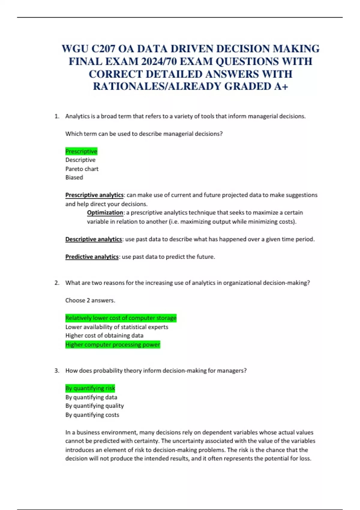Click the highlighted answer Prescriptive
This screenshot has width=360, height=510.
click(81, 151)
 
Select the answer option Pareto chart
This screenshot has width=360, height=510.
click(82, 169)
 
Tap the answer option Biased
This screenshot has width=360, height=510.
click(74, 178)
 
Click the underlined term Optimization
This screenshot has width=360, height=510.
click(105, 213)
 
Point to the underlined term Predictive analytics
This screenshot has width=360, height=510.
click(92, 257)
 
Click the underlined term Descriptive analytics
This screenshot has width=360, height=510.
click(94, 239)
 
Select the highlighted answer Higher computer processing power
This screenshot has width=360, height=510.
click(113, 345)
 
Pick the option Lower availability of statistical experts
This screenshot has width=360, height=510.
click(117, 327)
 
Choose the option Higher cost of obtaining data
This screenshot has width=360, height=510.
click(104, 336)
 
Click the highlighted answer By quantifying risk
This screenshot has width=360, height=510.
click(90, 388)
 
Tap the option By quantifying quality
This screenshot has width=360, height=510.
click(94, 406)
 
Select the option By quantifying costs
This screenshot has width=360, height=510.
click(92, 415)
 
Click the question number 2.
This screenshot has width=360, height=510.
click(57, 283)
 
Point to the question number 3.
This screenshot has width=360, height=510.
click(57, 371)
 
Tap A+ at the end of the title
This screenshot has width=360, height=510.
click(281, 86)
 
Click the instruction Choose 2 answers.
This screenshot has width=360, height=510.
click(90, 300)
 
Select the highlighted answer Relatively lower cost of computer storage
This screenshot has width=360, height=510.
click(121, 318)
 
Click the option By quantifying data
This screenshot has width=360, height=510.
click(91, 397)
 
